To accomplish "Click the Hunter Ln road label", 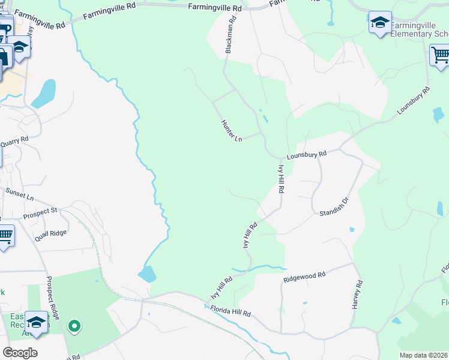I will [231, 130].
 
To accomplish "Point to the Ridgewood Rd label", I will [304, 277].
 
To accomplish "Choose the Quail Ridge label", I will [50, 230].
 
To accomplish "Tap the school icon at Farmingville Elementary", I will [380, 23].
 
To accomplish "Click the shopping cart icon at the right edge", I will [440, 56].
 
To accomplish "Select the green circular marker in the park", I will [74, 326].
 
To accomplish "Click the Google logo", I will [20, 353].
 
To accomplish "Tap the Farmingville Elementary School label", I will [420, 30].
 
